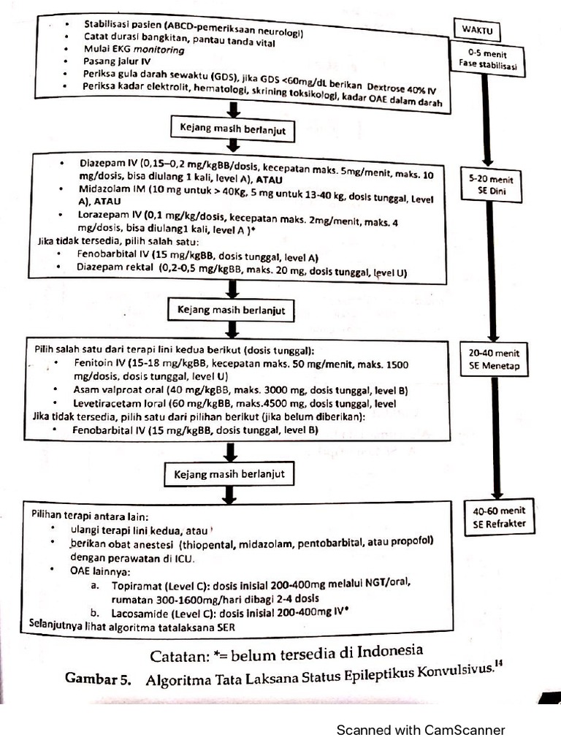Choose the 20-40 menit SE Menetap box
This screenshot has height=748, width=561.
point(494,359)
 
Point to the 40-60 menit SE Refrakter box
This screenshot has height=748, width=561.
point(499,516)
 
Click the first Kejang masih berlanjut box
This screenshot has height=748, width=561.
point(233,129)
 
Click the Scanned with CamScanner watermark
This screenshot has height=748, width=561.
point(420,730)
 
